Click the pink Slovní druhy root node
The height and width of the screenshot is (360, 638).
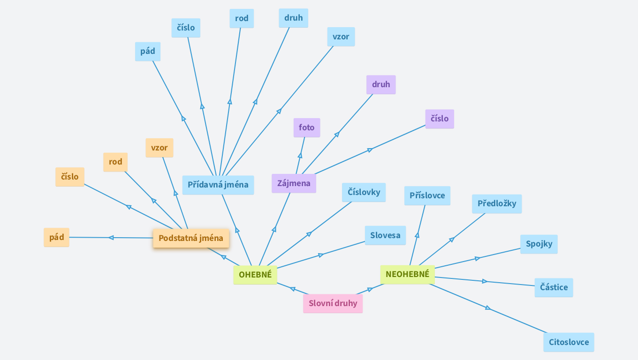[x=333, y=303]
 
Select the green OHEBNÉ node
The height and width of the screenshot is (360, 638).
[x=255, y=275]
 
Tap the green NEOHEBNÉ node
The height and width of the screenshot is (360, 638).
[x=407, y=274]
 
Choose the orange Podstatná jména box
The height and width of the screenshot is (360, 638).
[x=191, y=238]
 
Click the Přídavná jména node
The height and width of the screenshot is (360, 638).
[x=218, y=185]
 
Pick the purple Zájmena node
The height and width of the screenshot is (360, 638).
[x=294, y=183]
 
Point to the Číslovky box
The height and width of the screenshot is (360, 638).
[x=364, y=192]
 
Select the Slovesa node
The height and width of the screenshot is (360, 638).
[x=385, y=235]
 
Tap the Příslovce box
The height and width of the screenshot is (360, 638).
[x=427, y=195]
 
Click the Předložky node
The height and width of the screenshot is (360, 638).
[x=497, y=204]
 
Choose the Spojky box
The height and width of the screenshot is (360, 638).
[x=539, y=244]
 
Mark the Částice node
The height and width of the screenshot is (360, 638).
[x=554, y=287]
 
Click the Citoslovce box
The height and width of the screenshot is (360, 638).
[x=569, y=342]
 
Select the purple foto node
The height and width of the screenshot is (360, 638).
[x=307, y=127]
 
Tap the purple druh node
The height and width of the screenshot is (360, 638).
[x=381, y=85]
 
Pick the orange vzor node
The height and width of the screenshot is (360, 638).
[x=159, y=148]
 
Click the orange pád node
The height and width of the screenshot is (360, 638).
[x=56, y=237]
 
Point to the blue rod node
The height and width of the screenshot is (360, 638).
[x=242, y=19]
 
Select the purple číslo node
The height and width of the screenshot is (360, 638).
[x=440, y=119]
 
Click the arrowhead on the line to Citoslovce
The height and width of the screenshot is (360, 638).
[x=488, y=307]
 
